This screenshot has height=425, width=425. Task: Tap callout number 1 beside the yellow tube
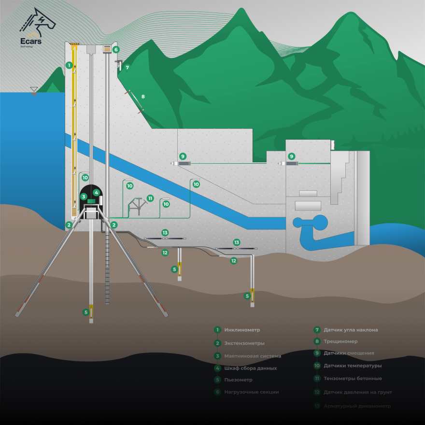tap(69, 64)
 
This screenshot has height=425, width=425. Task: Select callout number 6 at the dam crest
tap(116, 49)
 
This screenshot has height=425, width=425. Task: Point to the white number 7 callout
tap(127, 68)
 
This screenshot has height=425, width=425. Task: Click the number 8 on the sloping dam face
tap(143, 97)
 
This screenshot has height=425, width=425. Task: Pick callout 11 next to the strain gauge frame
tap(150, 198)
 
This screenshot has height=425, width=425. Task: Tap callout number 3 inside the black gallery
tap(84, 197)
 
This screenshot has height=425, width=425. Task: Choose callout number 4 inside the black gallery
tap(97, 192)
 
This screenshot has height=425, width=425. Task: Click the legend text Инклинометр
tap(242, 330)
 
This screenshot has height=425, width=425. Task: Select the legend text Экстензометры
tap(244, 343)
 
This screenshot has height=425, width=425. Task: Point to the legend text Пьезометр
tap(238, 380)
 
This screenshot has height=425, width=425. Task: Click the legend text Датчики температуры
tap(353, 366)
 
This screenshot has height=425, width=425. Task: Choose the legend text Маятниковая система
tap(253, 356)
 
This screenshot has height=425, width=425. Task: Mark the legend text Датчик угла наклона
tap(351, 330)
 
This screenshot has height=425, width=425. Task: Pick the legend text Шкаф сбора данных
tap(250, 368)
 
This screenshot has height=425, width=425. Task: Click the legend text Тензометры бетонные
tap(353, 378)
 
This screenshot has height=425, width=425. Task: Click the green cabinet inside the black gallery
tap(90, 201)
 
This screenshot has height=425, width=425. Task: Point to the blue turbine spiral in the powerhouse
tap(310, 223)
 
